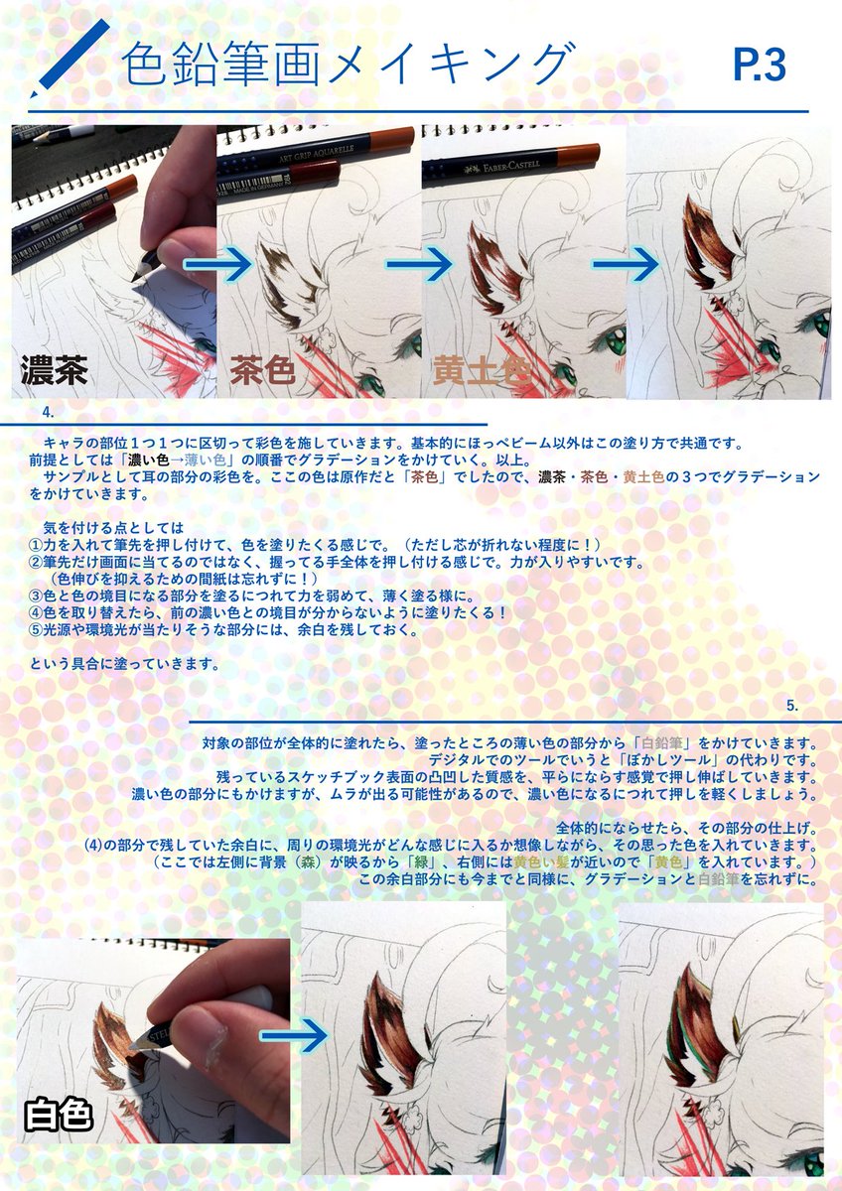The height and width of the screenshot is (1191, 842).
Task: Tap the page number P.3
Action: click(x=760, y=66)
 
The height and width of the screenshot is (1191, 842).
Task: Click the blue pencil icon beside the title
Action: click(x=69, y=59)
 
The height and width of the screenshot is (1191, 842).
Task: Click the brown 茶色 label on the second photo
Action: click(x=264, y=371)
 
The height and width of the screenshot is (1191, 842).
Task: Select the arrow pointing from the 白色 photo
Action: click(x=294, y=1036)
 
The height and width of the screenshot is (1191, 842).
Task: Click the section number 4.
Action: click(x=47, y=411)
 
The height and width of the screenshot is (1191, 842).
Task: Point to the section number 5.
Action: click(x=791, y=706)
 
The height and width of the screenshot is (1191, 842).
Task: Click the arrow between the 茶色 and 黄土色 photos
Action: click(x=423, y=264)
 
